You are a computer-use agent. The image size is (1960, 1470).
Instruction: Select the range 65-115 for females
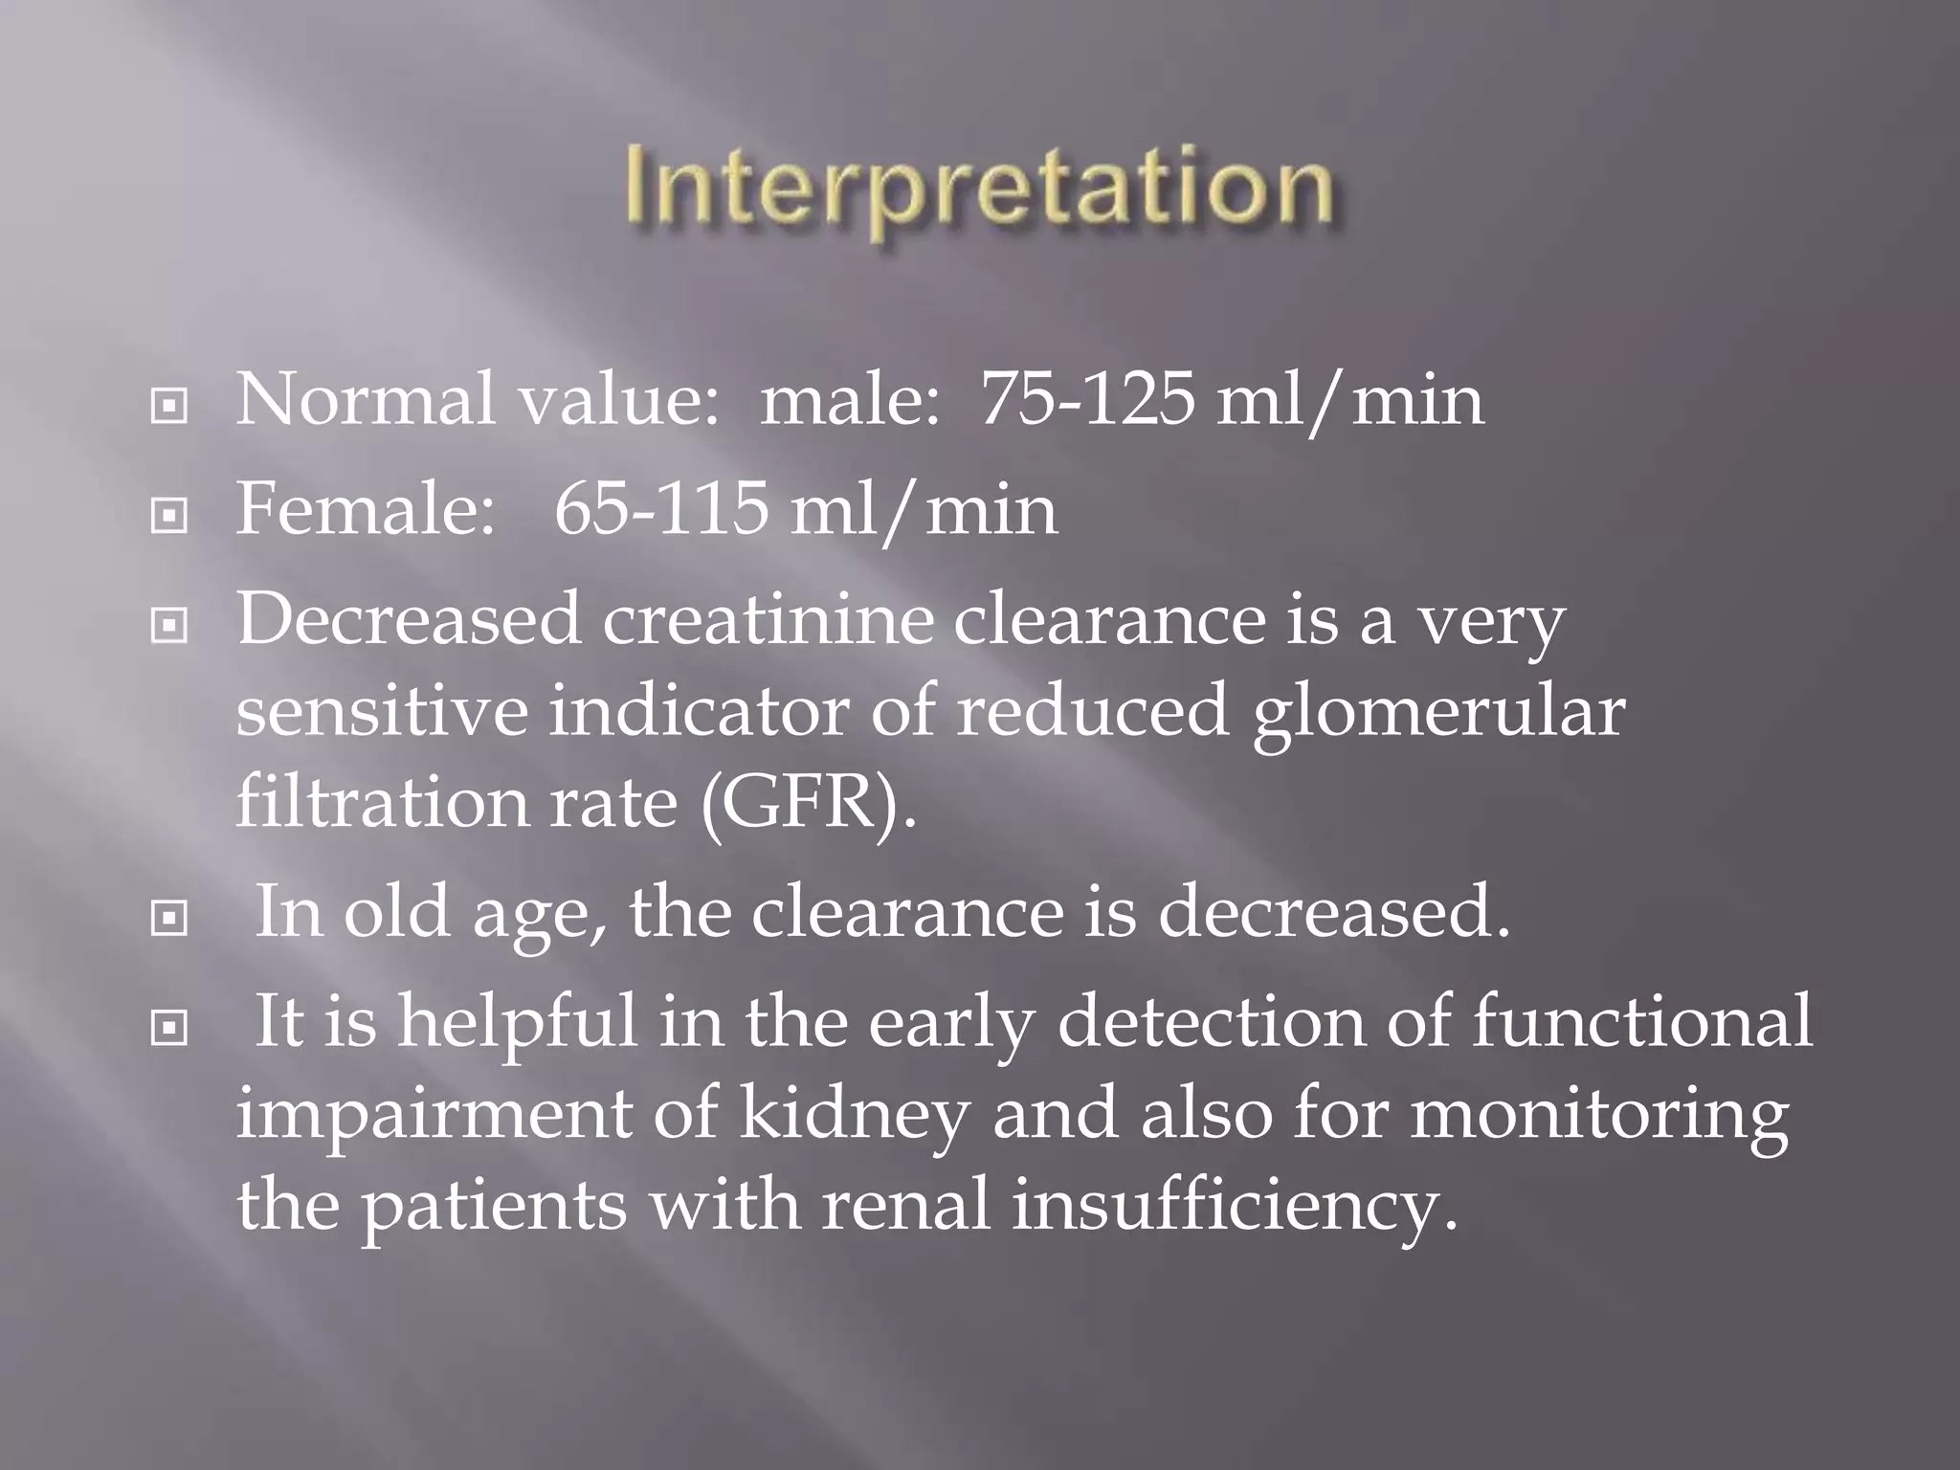[x=661, y=508]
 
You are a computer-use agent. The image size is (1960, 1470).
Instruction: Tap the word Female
[x=359, y=508]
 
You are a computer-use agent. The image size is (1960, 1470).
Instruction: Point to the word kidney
[x=855, y=1115]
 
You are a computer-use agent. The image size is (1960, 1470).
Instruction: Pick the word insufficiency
[x=1235, y=1205]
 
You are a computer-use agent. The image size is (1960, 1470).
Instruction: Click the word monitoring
[x=1599, y=1115]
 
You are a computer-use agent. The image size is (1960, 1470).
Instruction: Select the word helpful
[x=517, y=1021]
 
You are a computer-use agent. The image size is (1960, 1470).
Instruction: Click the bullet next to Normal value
[x=169, y=407]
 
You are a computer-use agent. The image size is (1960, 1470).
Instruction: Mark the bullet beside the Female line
[x=169, y=517]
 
